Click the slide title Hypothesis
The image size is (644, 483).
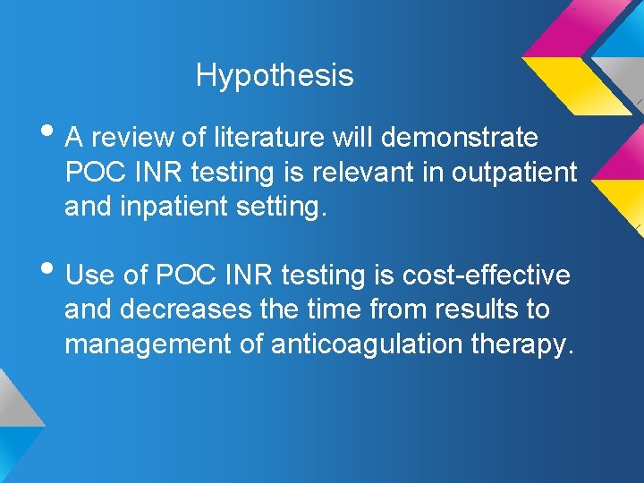pyautogui.click(x=275, y=75)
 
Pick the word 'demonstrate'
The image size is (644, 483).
pyautogui.click(x=462, y=139)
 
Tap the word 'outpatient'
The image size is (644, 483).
pyautogui.click(x=514, y=173)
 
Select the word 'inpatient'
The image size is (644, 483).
pyautogui.click(x=178, y=208)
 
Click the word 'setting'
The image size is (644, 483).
pyautogui.click(x=286, y=208)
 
